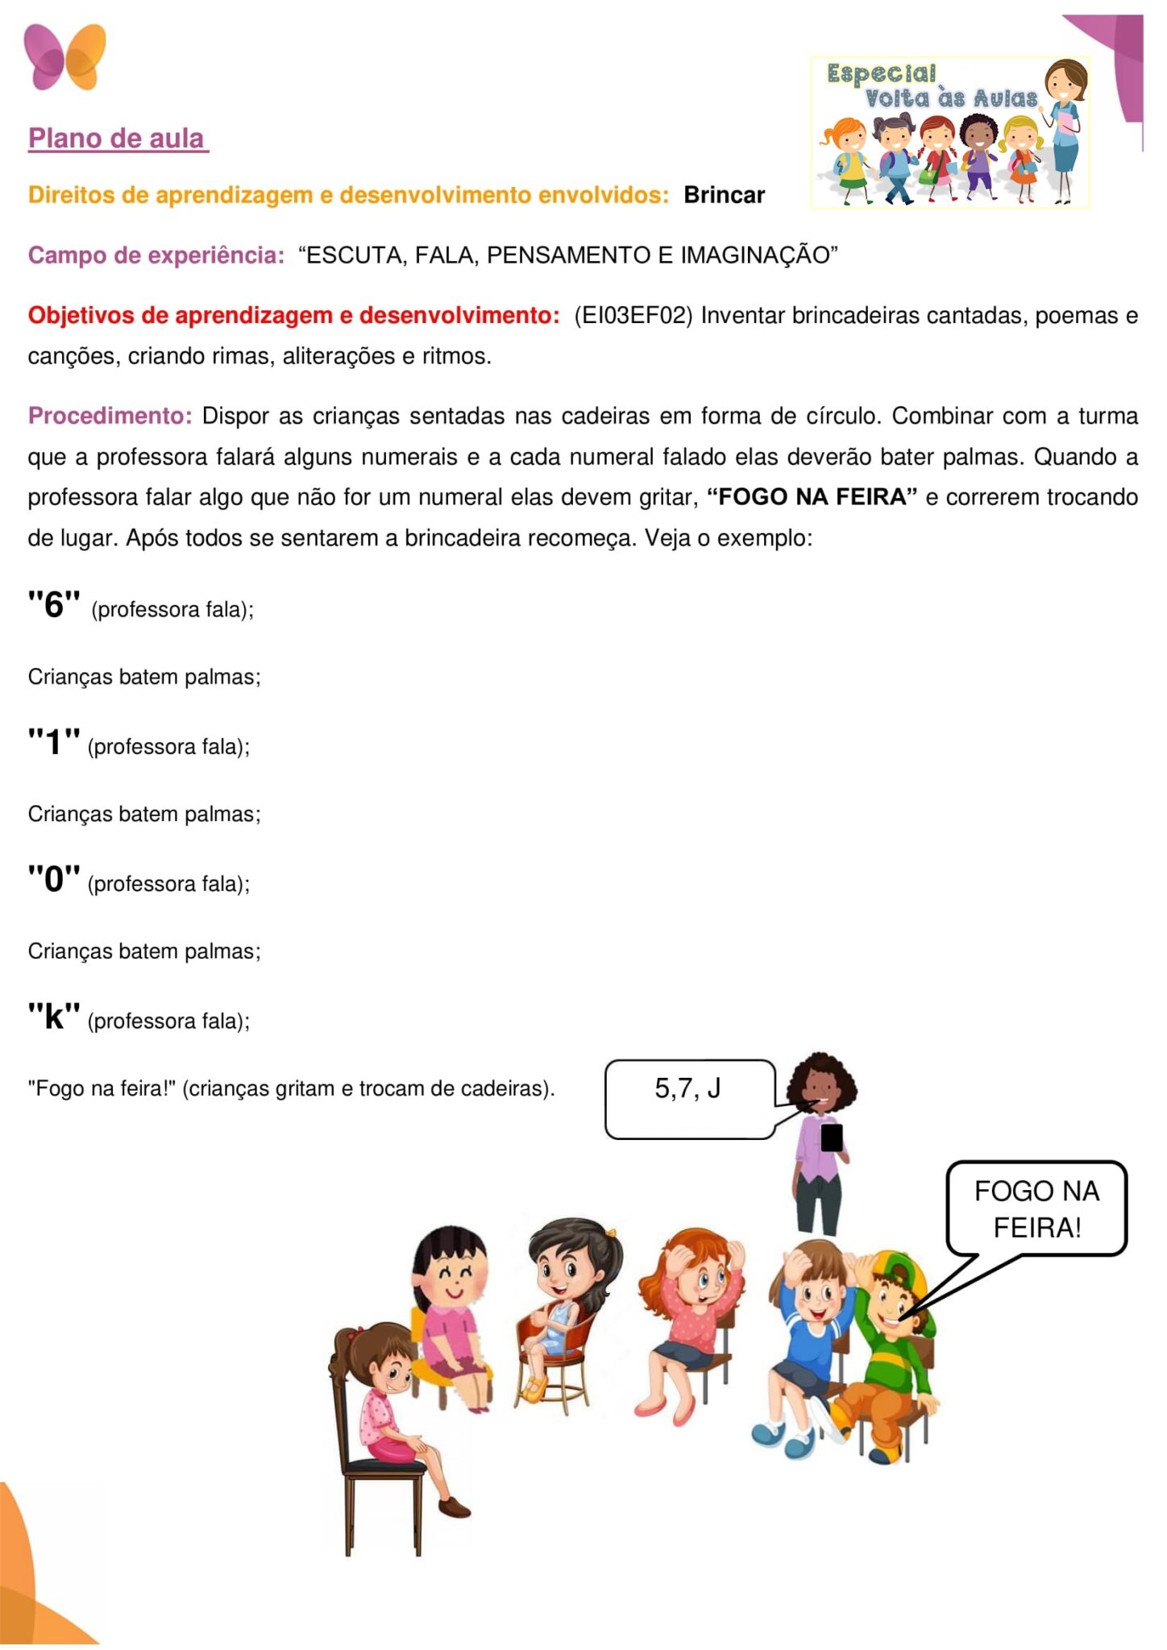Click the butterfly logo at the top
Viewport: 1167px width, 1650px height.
coord(64,56)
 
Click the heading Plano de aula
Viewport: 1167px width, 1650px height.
coord(118,139)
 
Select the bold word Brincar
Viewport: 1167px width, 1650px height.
coord(724,195)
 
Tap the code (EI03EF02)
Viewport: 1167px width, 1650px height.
coord(633,315)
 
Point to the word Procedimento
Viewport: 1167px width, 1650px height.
coord(110,416)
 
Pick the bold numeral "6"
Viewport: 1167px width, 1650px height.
coord(54,604)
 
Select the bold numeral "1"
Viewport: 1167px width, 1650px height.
coord(54,742)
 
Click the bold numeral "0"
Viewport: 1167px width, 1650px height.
coord(54,879)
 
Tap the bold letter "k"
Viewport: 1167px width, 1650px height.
coord(54,1017)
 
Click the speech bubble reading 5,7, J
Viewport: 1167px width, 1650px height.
coord(689,1098)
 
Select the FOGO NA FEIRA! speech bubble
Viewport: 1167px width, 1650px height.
coord(1036,1208)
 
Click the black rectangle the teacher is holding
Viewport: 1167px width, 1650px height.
coord(832,1138)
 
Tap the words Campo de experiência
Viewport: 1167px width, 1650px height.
coord(156,255)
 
